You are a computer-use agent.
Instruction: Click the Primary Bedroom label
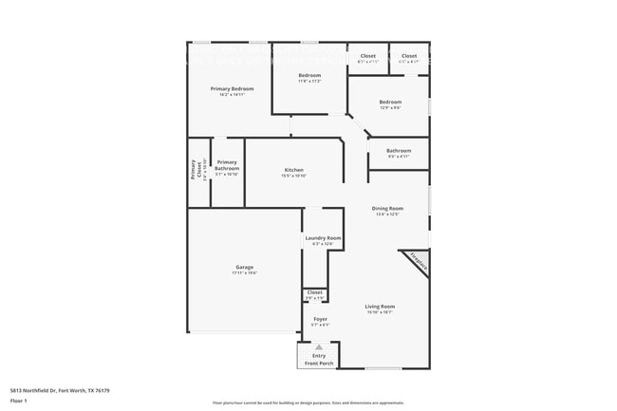click(x=232, y=88)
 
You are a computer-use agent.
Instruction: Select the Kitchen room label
click(x=293, y=170)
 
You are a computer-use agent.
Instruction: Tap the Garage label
click(x=244, y=267)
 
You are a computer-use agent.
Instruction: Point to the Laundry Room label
click(x=322, y=237)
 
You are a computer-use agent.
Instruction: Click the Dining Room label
click(x=387, y=208)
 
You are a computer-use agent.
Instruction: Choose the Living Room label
click(x=380, y=307)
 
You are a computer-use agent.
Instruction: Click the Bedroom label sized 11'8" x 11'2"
click(x=309, y=75)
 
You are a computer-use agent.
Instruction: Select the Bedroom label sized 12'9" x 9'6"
click(x=390, y=102)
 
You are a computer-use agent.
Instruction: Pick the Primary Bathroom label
click(x=227, y=165)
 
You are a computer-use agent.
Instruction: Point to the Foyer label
click(x=320, y=319)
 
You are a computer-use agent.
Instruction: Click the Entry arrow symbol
click(x=319, y=347)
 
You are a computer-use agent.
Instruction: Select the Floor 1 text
click(x=19, y=402)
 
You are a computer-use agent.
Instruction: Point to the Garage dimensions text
click(x=244, y=273)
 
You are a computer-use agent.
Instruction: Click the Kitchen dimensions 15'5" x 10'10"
click(x=293, y=177)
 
